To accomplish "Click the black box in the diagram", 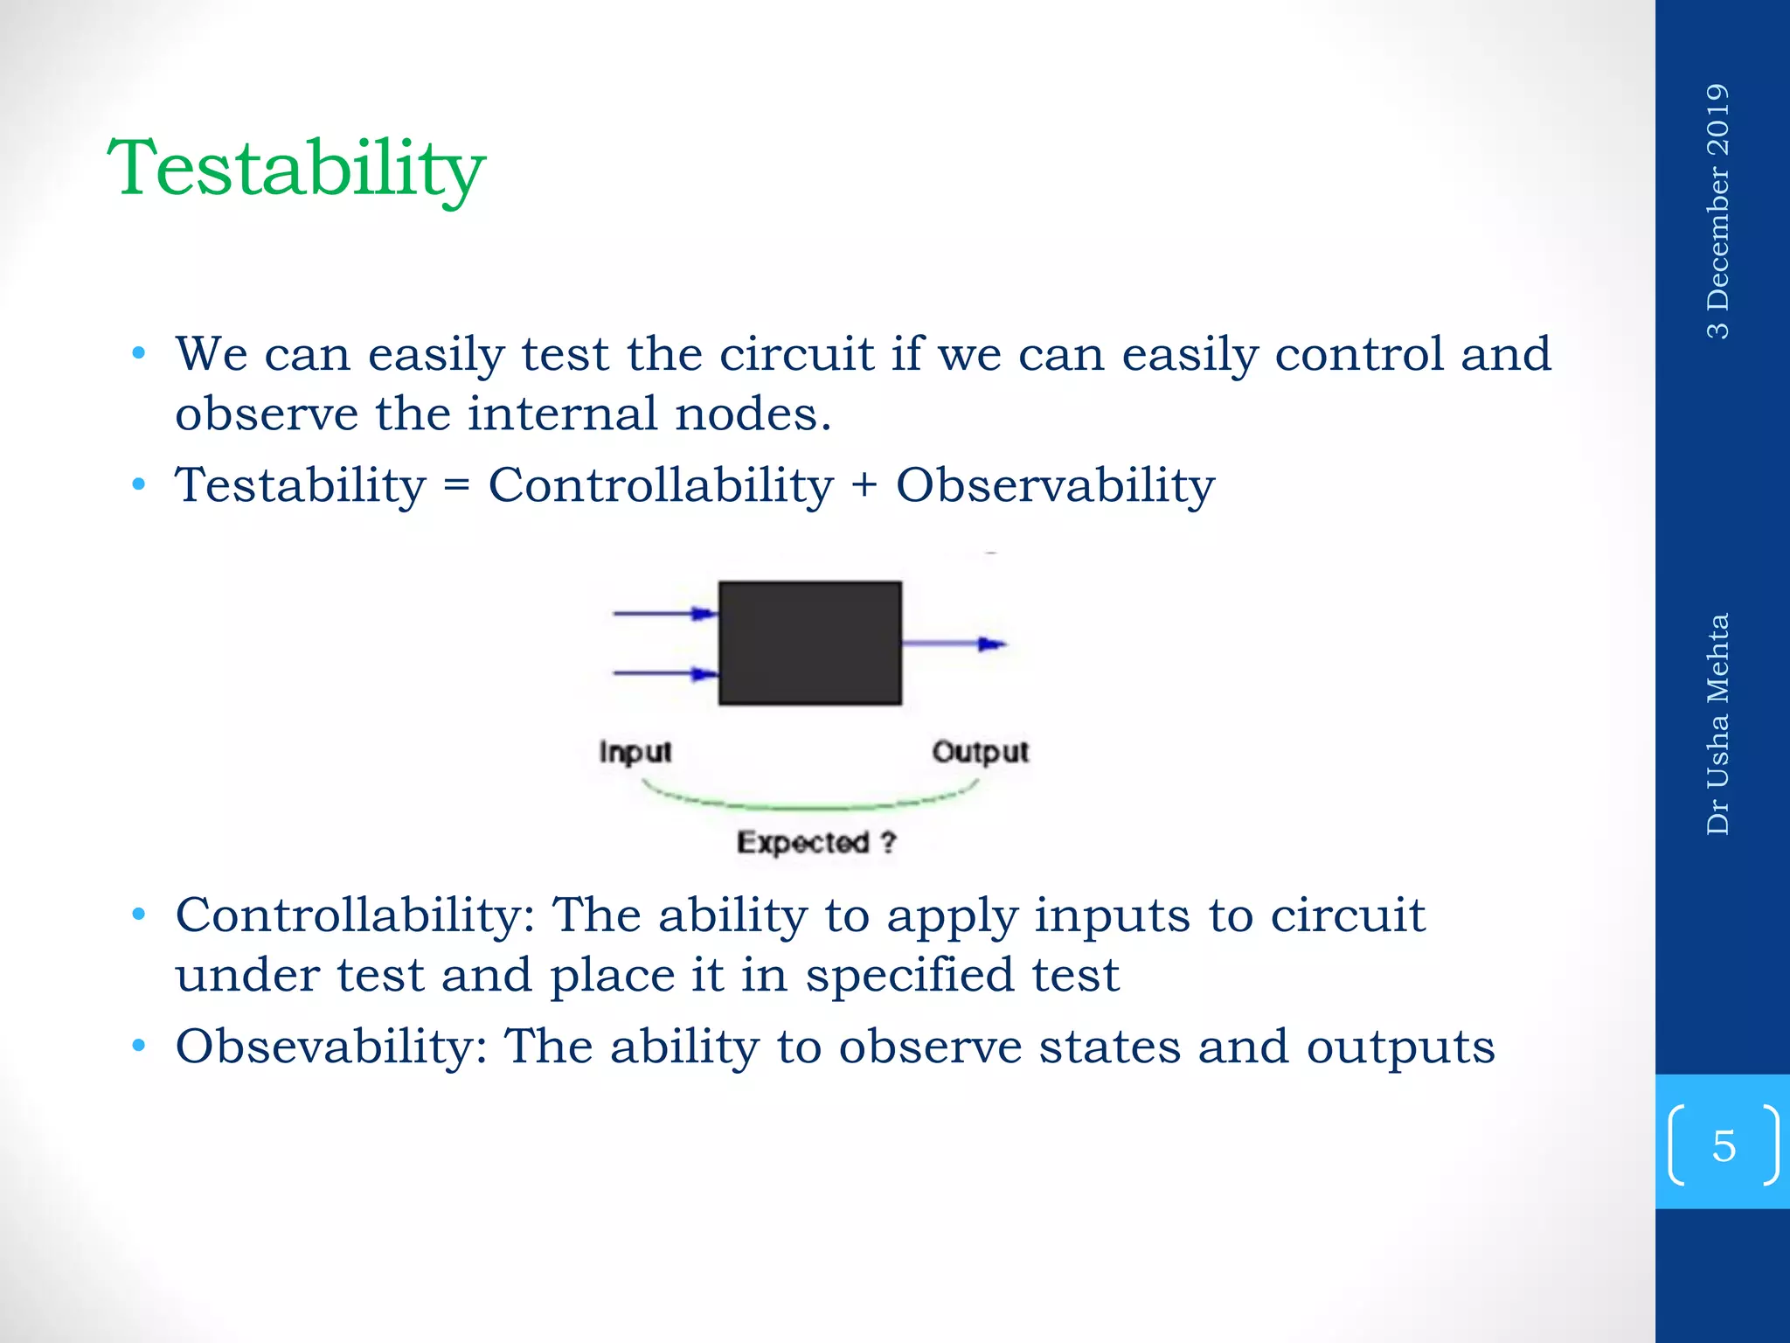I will pyautogui.click(x=809, y=643).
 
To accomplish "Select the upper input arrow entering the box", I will pyautogui.click(x=664, y=614).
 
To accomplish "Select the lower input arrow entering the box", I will pyautogui.click(x=664, y=673).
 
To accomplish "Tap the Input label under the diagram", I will pyautogui.click(x=635, y=752).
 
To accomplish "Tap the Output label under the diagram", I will pyautogui.click(x=980, y=752).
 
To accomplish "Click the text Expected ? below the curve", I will pyautogui.click(x=816, y=842).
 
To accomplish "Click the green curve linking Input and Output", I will pyautogui.click(x=810, y=804).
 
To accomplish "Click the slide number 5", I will pyautogui.click(x=1724, y=1145).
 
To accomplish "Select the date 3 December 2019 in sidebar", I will pyautogui.click(x=1717, y=212).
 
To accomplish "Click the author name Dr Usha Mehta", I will pyautogui.click(x=1717, y=724).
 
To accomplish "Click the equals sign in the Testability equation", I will pyautogui.click(x=456, y=486).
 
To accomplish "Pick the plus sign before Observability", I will pyautogui.click(x=864, y=486).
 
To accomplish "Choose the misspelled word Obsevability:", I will pyautogui.click(x=331, y=1047).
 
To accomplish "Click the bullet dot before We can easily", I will pyautogui.click(x=138, y=354).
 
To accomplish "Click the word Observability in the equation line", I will pyautogui.click(x=1055, y=486).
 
